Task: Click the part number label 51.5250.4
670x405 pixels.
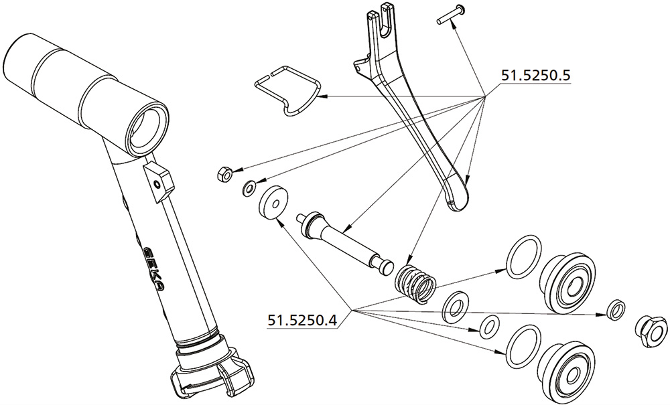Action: click(302, 319)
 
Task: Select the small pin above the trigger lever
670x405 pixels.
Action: click(451, 14)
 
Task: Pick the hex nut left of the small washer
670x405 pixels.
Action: click(224, 174)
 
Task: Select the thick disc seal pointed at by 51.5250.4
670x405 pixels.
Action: click(273, 202)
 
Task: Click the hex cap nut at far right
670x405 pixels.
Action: click(651, 331)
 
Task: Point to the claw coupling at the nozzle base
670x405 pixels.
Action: click(212, 372)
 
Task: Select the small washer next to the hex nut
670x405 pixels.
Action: click(249, 188)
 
